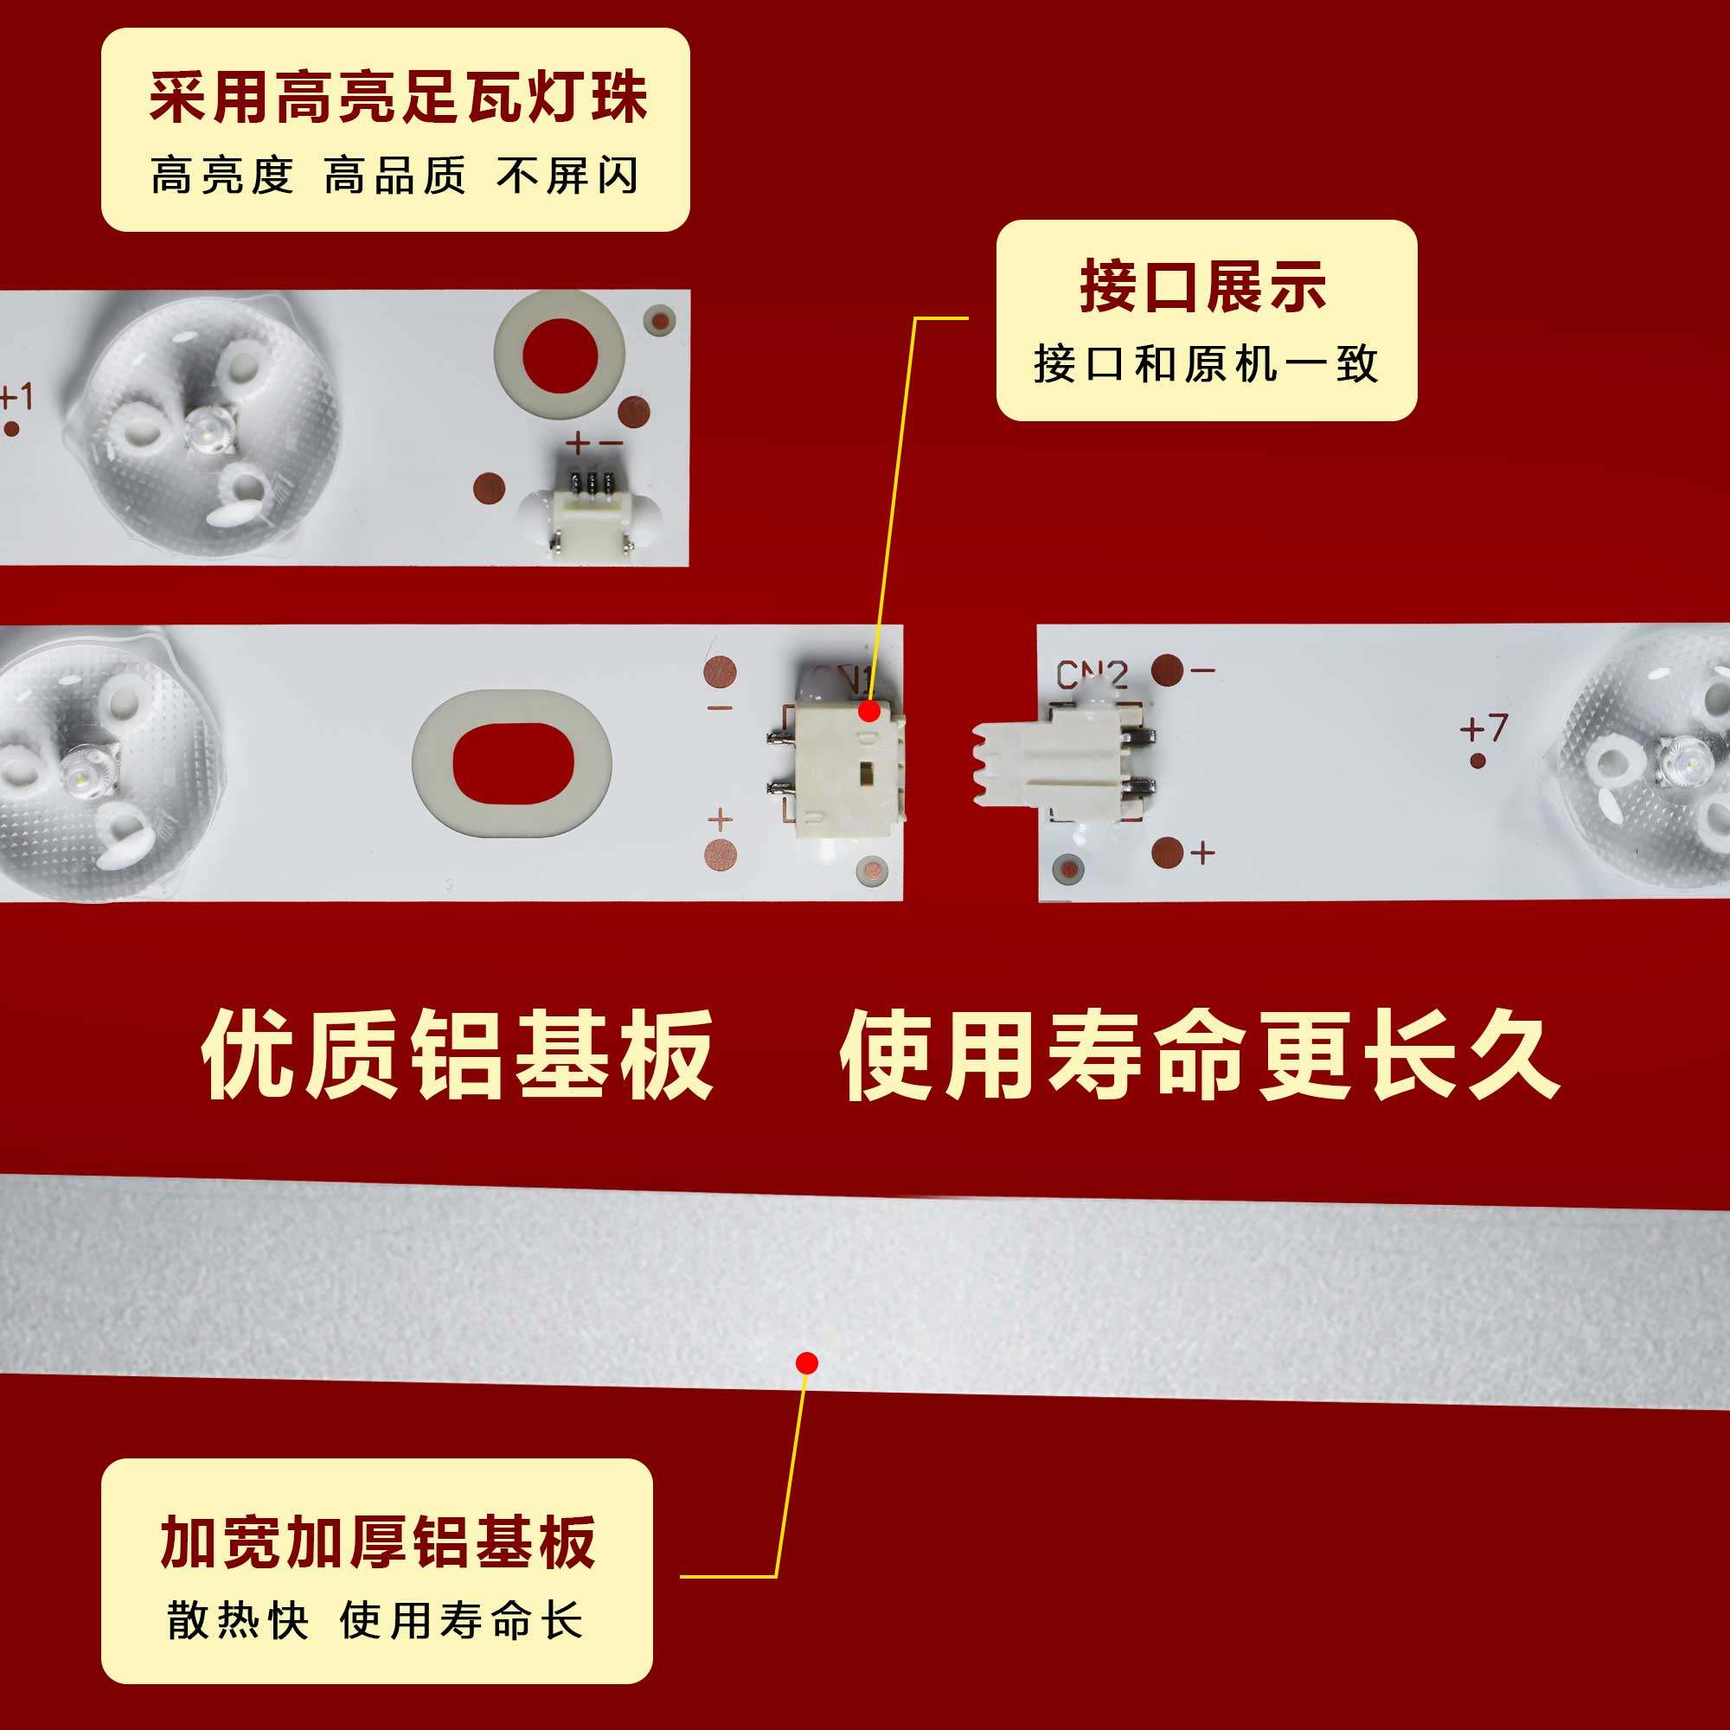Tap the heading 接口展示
click(x=1203, y=286)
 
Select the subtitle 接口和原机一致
click(x=1205, y=363)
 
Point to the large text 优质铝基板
click(x=458, y=1054)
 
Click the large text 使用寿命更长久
click(x=1200, y=1054)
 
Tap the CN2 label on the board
click(x=1091, y=675)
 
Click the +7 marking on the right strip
click(x=1483, y=727)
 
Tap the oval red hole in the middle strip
click(x=512, y=762)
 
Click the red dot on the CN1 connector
click(x=868, y=711)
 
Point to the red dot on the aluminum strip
click(x=807, y=1363)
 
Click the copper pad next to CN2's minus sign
click(x=1167, y=670)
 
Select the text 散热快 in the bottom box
click(x=237, y=1620)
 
